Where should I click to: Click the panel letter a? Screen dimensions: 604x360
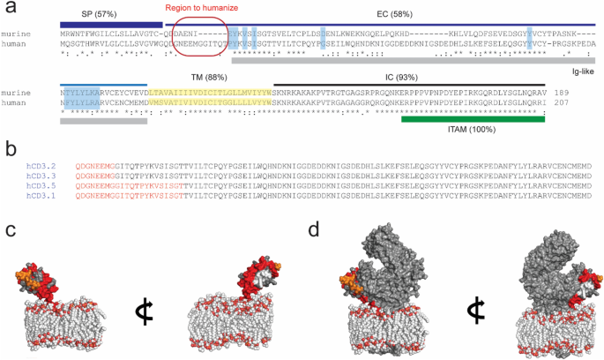tap(10, 8)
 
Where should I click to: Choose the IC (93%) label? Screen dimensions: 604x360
tap(399, 77)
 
